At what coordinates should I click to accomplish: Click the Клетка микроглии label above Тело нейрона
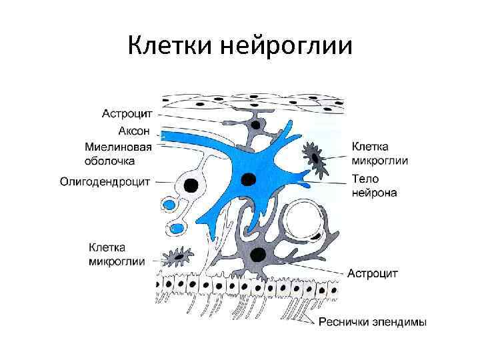pyautogui.click(x=380, y=153)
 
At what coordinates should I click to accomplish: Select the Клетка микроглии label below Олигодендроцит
pyautogui.click(x=116, y=254)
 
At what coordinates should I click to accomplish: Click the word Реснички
pyautogui.click(x=343, y=323)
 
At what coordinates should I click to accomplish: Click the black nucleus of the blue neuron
pyautogui.click(x=249, y=178)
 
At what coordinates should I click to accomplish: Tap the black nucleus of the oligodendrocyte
pyautogui.click(x=191, y=185)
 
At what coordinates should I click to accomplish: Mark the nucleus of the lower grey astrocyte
pyautogui.click(x=259, y=254)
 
